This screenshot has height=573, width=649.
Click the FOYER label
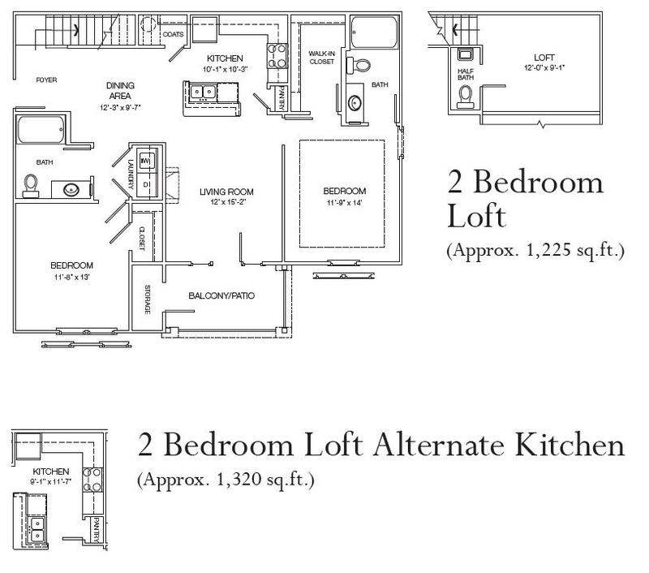46,80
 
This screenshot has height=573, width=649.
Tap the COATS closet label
173,34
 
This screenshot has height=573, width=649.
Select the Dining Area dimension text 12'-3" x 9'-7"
120,108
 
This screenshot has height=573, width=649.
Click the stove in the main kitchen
277,55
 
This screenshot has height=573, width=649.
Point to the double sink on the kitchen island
203,92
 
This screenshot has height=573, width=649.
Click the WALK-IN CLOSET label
321,58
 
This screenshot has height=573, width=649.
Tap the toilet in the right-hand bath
359,66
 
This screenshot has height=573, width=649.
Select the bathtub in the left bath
40,130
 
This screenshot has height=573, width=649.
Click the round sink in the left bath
71,190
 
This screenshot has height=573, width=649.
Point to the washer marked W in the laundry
147,161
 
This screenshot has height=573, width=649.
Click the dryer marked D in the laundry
147,183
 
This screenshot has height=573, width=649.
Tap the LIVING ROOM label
226,192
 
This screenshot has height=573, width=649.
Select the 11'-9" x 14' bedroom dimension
344,203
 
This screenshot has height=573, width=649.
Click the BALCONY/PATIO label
221,295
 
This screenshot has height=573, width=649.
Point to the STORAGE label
148,299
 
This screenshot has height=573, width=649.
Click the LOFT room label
544,58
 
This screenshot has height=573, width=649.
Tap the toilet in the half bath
466,97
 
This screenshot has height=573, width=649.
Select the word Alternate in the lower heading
439,445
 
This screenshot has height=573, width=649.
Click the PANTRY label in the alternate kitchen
96,529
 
